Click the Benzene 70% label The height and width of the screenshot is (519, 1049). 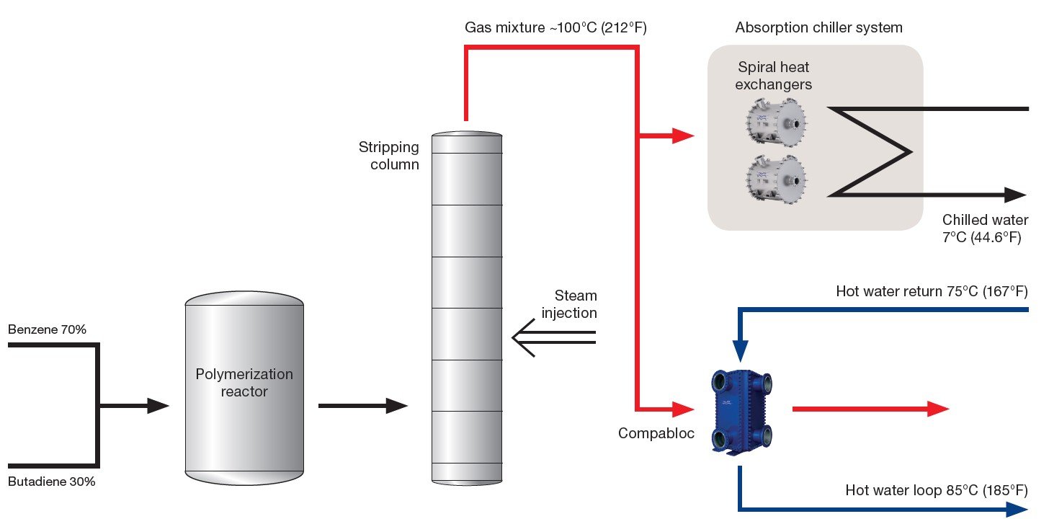48,330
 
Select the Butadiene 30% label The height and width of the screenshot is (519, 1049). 52,482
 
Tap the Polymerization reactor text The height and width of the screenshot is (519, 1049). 244,383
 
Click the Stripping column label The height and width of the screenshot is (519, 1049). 389,156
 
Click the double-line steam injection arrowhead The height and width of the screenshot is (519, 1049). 522,337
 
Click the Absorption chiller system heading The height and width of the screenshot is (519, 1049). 819,28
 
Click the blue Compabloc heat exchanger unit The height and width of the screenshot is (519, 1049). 742,410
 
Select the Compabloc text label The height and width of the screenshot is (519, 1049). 656,433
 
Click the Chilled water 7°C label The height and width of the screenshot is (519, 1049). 985,228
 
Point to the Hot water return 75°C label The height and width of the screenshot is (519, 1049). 932,292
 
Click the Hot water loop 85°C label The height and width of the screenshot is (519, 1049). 936,491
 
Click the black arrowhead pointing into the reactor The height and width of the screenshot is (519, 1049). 158,406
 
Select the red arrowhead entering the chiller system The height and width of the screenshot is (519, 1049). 682,135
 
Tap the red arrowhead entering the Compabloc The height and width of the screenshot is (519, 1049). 682,409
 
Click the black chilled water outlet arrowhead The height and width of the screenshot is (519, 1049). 1015,195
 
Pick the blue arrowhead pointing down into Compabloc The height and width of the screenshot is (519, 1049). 741,352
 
